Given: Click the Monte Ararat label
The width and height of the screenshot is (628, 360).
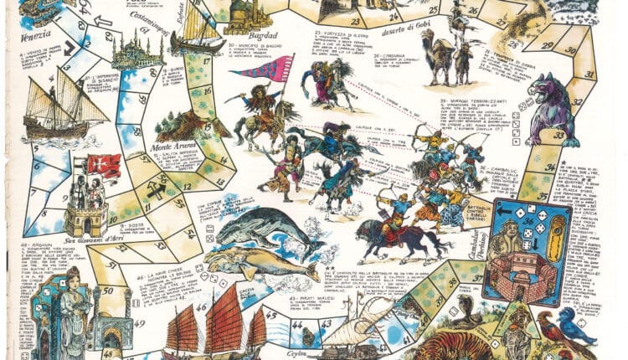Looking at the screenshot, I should (172, 147).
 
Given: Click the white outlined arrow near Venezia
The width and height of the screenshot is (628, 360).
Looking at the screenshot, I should (102, 19).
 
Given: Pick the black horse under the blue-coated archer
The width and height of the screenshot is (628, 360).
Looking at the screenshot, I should (394, 235).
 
